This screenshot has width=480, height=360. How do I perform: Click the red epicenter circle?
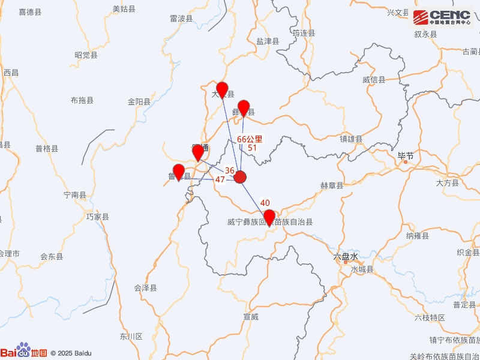coord(240,177)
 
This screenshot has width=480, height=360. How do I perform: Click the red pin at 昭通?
coord(198,153)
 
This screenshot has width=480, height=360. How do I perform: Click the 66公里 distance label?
coord(250,139)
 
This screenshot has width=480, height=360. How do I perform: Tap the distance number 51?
coord(253,148)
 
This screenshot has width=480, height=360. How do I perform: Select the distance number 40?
coord(265,203)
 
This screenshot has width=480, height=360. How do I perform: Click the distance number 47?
coord(220,179)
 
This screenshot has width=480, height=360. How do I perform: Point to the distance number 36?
coord(230,170)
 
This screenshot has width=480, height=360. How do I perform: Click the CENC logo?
coord(442,18)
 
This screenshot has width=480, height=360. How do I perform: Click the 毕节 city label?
coord(406,156)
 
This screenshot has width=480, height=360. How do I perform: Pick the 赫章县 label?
coord(332,186)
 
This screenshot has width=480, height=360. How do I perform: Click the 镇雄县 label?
coord(351,139)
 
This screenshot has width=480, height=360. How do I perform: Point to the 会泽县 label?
coord(145,288)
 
